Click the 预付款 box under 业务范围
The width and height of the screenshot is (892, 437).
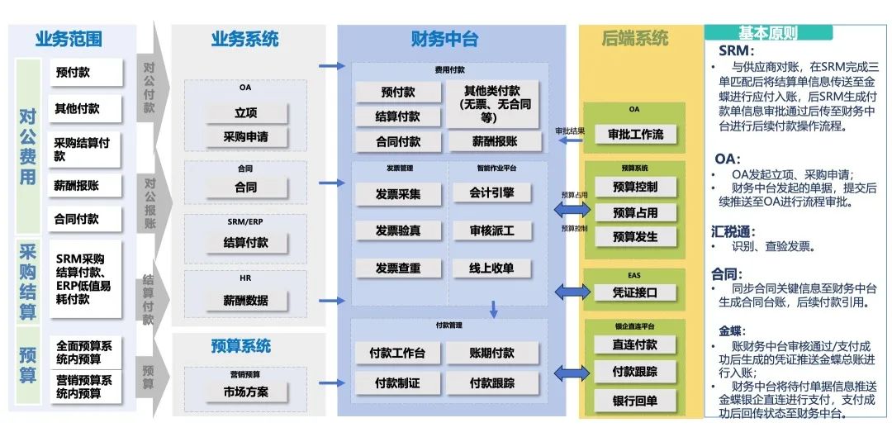coord(85,72)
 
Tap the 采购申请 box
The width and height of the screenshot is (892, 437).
coord(245,136)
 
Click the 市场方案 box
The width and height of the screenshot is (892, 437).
coord(245,391)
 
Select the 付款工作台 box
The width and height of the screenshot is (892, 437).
coord(397,353)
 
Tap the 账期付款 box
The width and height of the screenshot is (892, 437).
coord(491,353)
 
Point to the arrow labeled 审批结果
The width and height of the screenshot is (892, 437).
coord(570,140)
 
